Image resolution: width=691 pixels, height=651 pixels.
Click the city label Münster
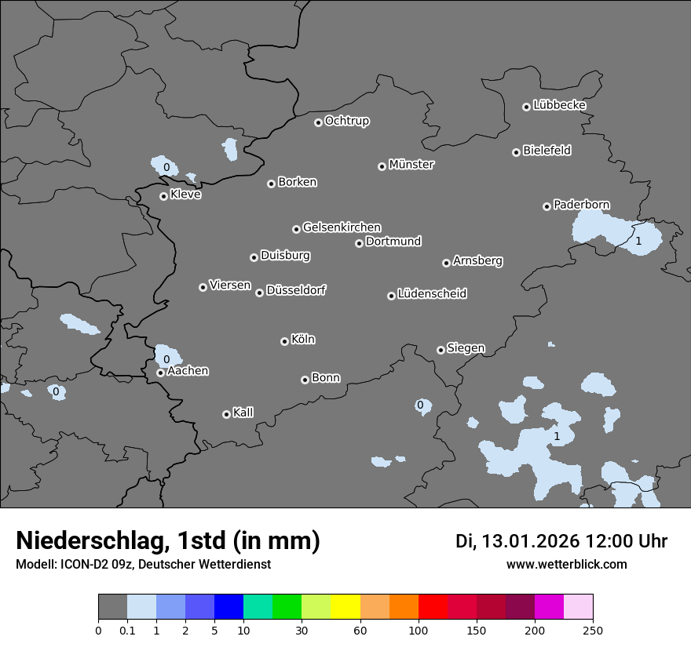(411, 165)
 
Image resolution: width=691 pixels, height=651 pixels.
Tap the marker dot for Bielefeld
(517, 152)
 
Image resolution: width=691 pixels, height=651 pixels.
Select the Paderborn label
(582, 205)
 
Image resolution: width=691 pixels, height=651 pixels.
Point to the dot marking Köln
(284, 341)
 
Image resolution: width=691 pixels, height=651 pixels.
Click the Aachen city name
(188, 371)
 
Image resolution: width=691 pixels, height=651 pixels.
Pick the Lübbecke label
(559, 105)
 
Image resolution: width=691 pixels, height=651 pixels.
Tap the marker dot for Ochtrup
(318, 122)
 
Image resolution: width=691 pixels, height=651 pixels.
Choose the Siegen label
(466, 348)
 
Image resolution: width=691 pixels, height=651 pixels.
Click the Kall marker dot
(226, 414)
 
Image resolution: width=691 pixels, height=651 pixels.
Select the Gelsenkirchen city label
(342, 227)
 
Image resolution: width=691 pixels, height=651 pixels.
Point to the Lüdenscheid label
(432, 294)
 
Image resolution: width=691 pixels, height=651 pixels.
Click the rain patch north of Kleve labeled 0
(166, 166)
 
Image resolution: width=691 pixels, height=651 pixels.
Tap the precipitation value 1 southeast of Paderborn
(638, 241)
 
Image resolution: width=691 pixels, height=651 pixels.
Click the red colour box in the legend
(433, 607)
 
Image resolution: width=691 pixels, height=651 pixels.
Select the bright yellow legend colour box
(345, 607)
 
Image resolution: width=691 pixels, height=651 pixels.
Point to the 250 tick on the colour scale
(593, 630)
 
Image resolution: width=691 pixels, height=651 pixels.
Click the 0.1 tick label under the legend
(127, 630)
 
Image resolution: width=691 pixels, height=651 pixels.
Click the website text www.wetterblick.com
(566, 565)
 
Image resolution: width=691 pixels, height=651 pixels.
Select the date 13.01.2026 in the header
(530, 541)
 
